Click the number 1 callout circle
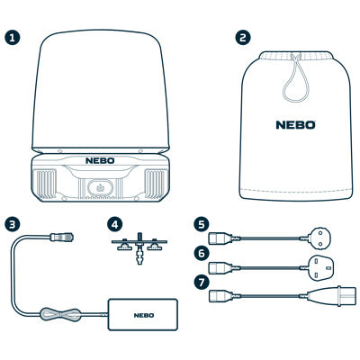[13, 38]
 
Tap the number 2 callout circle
[243, 38]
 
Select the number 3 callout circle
[13, 224]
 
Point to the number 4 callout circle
[114, 224]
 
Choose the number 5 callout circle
[202, 224]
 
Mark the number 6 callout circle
[202, 254]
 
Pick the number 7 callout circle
[202, 283]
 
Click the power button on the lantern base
[100, 188]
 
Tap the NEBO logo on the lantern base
[100, 160]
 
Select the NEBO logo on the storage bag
[295, 125]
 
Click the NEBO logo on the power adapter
[144, 315]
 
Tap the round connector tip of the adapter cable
[62, 238]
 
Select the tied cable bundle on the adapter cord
[60, 314]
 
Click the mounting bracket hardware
[139, 247]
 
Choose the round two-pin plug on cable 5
[319, 238]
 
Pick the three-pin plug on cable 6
[320, 267]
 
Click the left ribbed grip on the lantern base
[45, 184]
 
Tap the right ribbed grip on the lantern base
[156, 184]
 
